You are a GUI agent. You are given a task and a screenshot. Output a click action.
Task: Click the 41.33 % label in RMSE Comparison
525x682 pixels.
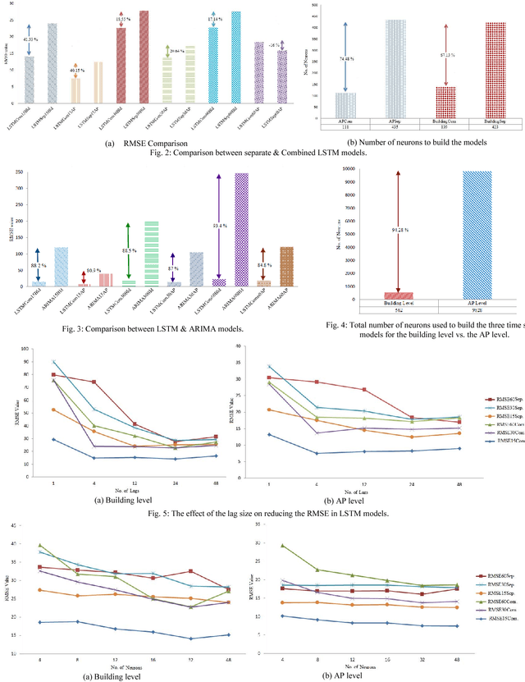(x=29, y=39)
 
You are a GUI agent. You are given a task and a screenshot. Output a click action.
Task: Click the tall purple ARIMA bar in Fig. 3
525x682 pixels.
(x=241, y=230)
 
